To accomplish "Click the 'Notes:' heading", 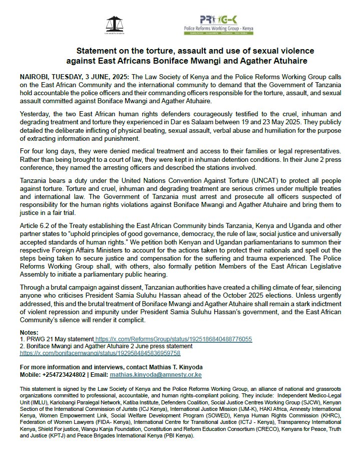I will pos(29,333).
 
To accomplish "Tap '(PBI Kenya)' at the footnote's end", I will pos(170,436).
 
